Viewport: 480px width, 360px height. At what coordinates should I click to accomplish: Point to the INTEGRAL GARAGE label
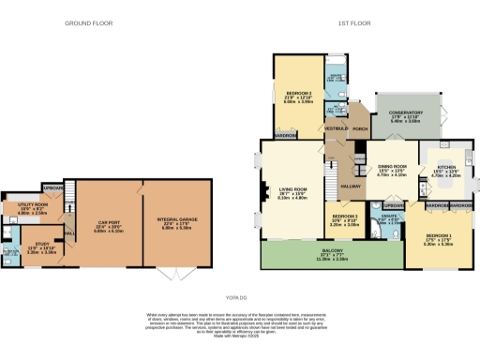178,221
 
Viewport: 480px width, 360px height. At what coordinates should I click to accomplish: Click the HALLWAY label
351,187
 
